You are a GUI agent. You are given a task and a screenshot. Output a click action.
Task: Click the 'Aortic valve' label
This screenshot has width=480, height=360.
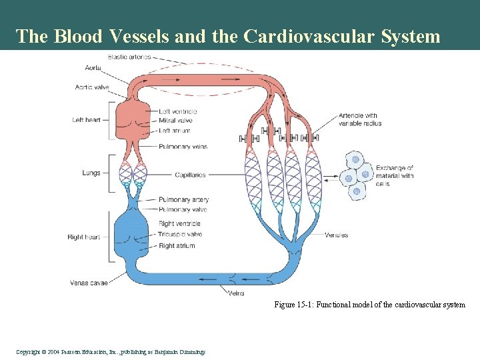click(92, 87)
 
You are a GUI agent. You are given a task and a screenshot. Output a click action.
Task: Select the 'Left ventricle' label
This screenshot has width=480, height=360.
click(178, 111)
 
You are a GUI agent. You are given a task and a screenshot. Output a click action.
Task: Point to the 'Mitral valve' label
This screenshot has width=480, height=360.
click(175, 121)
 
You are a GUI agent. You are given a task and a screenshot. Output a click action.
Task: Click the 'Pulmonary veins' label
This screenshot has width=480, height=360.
click(183, 147)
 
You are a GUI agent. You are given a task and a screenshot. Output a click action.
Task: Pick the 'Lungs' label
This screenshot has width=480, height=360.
click(91, 173)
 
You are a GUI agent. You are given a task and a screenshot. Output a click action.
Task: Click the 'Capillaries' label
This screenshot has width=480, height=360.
click(190, 175)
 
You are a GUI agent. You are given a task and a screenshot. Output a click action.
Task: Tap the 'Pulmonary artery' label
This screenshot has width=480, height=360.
click(183, 200)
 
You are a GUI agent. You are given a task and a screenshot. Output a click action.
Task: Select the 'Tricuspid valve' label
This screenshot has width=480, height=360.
click(180, 235)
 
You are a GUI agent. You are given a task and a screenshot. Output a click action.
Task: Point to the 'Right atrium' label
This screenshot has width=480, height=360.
click(177, 246)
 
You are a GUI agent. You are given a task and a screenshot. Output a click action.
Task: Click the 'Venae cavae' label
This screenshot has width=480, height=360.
click(89, 283)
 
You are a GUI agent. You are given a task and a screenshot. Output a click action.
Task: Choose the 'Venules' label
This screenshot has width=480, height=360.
click(336, 235)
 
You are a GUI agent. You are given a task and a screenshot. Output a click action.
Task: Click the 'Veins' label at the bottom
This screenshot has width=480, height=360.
click(236, 293)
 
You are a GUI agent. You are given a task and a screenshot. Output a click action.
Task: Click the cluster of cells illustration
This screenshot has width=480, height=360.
click(356, 175)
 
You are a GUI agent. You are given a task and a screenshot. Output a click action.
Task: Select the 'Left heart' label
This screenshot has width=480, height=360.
click(86, 120)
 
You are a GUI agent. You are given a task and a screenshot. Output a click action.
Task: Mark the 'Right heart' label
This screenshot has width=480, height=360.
click(84, 237)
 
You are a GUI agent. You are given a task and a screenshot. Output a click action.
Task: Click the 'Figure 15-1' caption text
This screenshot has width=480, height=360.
click(369, 305)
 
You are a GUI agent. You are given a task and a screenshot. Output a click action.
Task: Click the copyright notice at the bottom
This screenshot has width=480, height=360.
click(109, 352)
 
